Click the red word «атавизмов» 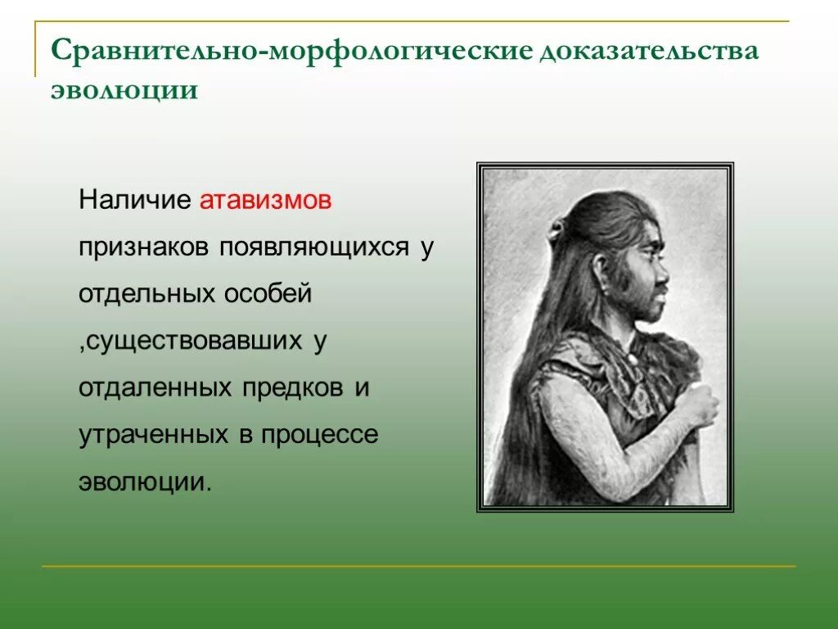[266, 201]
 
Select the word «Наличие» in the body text [135, 201]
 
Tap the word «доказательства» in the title [647, 51]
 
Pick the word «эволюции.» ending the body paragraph [145, 482]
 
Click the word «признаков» [144, 247]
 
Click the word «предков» [291, 387]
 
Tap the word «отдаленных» [155, 387]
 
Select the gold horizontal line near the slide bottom [417, 566]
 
